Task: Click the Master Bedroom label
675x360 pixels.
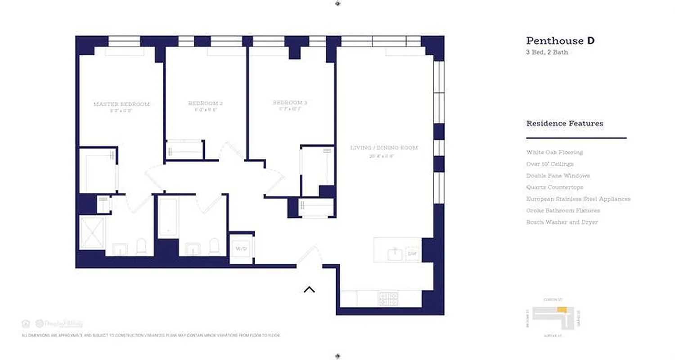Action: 121,104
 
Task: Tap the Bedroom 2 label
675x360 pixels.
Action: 206,103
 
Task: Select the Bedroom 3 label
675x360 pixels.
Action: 290,103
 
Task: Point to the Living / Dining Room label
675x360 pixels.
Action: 384,148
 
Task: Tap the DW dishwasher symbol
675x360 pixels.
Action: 412,254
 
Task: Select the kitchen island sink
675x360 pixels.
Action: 395,254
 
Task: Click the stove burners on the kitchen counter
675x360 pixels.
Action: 388,299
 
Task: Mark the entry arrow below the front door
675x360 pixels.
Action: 309,289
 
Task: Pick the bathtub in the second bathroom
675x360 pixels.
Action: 168,217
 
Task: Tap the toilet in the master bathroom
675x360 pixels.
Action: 141,246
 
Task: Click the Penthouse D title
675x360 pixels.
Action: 560,40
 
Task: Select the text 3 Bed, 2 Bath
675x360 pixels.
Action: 547,52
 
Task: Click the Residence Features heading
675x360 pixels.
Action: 565,123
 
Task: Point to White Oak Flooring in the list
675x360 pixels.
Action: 554,153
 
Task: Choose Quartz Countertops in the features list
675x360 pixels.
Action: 554,187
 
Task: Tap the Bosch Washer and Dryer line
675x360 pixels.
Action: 562,222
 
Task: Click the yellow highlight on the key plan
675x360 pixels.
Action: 561,310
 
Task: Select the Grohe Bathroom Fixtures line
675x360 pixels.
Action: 563,211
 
